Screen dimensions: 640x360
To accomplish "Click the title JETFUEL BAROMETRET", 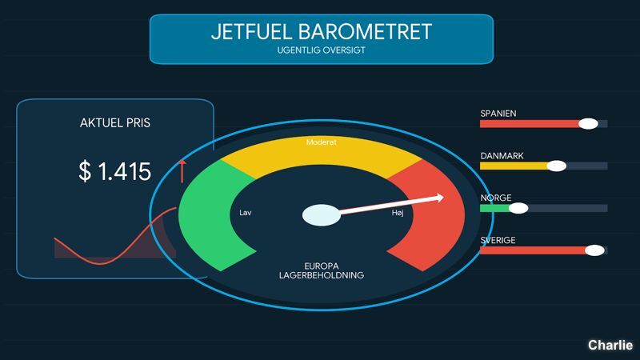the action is coord(322,32).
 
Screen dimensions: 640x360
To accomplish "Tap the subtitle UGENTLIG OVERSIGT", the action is coord(322,50).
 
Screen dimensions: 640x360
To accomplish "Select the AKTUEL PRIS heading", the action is coord(115,123).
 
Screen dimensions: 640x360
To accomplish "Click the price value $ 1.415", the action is coord(114,171).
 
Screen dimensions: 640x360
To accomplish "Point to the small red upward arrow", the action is coord(182,171).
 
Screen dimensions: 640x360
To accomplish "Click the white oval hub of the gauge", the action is coord(322,215).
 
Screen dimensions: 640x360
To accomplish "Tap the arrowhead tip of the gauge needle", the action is coord(444,198).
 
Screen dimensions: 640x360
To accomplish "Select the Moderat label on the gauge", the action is coord(322,142).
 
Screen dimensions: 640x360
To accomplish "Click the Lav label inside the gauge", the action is coord(246,213).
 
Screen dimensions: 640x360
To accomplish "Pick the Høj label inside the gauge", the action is coord(398,213).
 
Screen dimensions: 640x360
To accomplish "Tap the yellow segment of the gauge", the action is coord(322,155).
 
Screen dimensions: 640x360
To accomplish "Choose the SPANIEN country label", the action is coord(498,114).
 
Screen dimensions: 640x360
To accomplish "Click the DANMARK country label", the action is coord(502,156).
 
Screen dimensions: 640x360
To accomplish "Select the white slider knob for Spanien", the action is coord(588,124).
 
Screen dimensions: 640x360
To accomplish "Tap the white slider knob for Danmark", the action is coord(556,166).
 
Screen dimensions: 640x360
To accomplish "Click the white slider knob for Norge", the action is coord(518,208).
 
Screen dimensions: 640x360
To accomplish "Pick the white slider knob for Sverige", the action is coord(594,250).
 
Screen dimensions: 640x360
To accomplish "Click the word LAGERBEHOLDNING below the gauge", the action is coord(322,275).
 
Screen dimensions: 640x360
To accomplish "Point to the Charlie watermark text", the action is coord(610,345).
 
